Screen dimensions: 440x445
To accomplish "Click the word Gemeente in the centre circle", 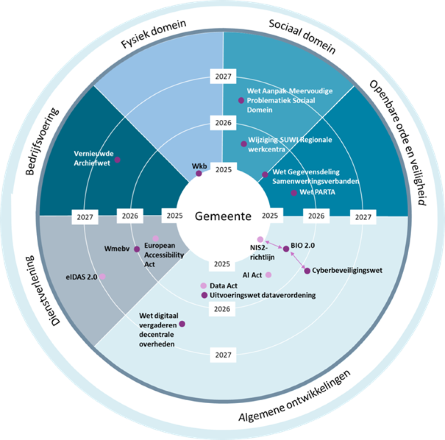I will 222,216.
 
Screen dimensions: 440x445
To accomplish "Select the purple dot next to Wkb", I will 199,173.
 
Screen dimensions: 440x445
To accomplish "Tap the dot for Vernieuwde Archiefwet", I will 117,159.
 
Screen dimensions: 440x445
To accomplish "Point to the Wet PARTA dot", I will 294,192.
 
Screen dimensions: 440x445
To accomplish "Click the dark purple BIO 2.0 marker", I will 286,249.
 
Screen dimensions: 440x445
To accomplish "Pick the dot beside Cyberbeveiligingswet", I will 307,271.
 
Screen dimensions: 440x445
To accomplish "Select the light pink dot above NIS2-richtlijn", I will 260,239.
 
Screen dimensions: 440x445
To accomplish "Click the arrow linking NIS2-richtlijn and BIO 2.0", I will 273,244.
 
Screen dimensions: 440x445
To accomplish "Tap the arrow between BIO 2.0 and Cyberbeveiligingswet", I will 297,260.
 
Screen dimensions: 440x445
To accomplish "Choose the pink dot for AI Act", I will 268,274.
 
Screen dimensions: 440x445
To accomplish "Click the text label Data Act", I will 223,286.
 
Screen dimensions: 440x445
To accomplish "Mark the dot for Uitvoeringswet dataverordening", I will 204,295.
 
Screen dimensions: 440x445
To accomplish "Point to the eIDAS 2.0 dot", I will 102,276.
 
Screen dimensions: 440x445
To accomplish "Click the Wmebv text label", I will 118,249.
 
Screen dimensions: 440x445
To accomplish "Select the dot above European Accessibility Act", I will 156,239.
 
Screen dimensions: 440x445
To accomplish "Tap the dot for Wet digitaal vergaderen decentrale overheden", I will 182,323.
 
